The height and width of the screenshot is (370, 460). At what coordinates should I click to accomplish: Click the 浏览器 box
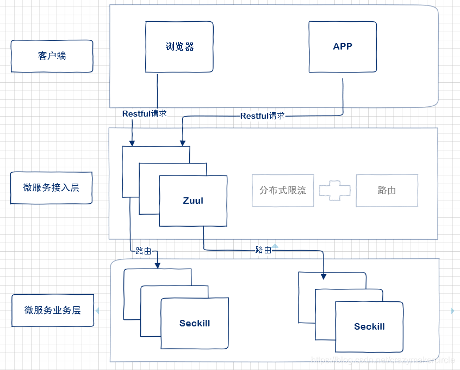coord(179,47)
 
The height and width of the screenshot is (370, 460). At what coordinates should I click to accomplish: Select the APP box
coord(343,47)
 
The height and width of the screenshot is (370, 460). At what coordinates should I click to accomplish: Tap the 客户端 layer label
coord(52,56)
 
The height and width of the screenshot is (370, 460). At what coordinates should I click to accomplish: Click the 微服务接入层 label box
coord(51,188)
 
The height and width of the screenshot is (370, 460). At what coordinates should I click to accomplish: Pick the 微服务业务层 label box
coord(53,311)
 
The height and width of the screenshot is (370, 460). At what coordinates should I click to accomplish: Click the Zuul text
coord(193,201)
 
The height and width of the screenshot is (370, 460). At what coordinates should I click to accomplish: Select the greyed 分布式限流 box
coord(283,190)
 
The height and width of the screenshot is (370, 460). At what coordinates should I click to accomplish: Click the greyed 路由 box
coord(387,190)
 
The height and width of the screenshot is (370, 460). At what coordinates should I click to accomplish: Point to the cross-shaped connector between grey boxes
coord(335,190)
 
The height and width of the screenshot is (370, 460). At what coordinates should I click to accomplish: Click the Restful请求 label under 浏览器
coord(144,114)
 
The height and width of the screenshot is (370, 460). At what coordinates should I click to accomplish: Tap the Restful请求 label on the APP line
coord(263,116)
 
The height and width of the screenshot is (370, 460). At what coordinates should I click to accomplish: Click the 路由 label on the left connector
coord(144,251)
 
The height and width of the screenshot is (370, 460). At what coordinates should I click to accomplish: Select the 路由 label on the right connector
coord(263,250)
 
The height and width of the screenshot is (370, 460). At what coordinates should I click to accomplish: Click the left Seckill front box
coord(195,323)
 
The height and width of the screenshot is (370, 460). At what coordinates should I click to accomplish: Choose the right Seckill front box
coord(369,326)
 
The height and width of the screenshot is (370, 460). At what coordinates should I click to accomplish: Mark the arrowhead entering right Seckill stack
coord(324,276)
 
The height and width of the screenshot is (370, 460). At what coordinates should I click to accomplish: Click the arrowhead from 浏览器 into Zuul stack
coord(132,143)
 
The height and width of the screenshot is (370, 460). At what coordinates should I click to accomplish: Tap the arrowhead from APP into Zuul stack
coord(182,143)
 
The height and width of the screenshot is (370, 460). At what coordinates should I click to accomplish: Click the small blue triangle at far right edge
coord(452,311)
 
